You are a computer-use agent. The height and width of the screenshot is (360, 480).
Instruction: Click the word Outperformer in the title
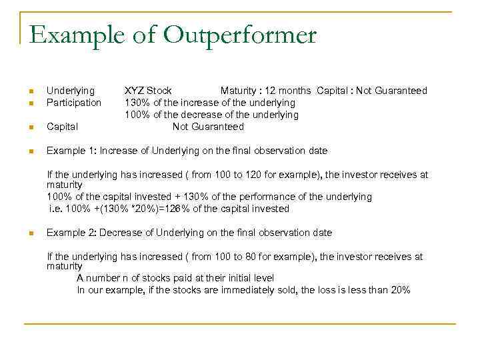tap(239, 35)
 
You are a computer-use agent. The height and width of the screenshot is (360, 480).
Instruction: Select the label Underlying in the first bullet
tap(71, 91)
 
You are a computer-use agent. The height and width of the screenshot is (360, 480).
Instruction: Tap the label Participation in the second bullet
tap(74, 103)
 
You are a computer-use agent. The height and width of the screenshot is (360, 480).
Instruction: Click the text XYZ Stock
tap(148, 91)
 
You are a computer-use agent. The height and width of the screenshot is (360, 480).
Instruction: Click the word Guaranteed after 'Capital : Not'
tap(401, 91)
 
